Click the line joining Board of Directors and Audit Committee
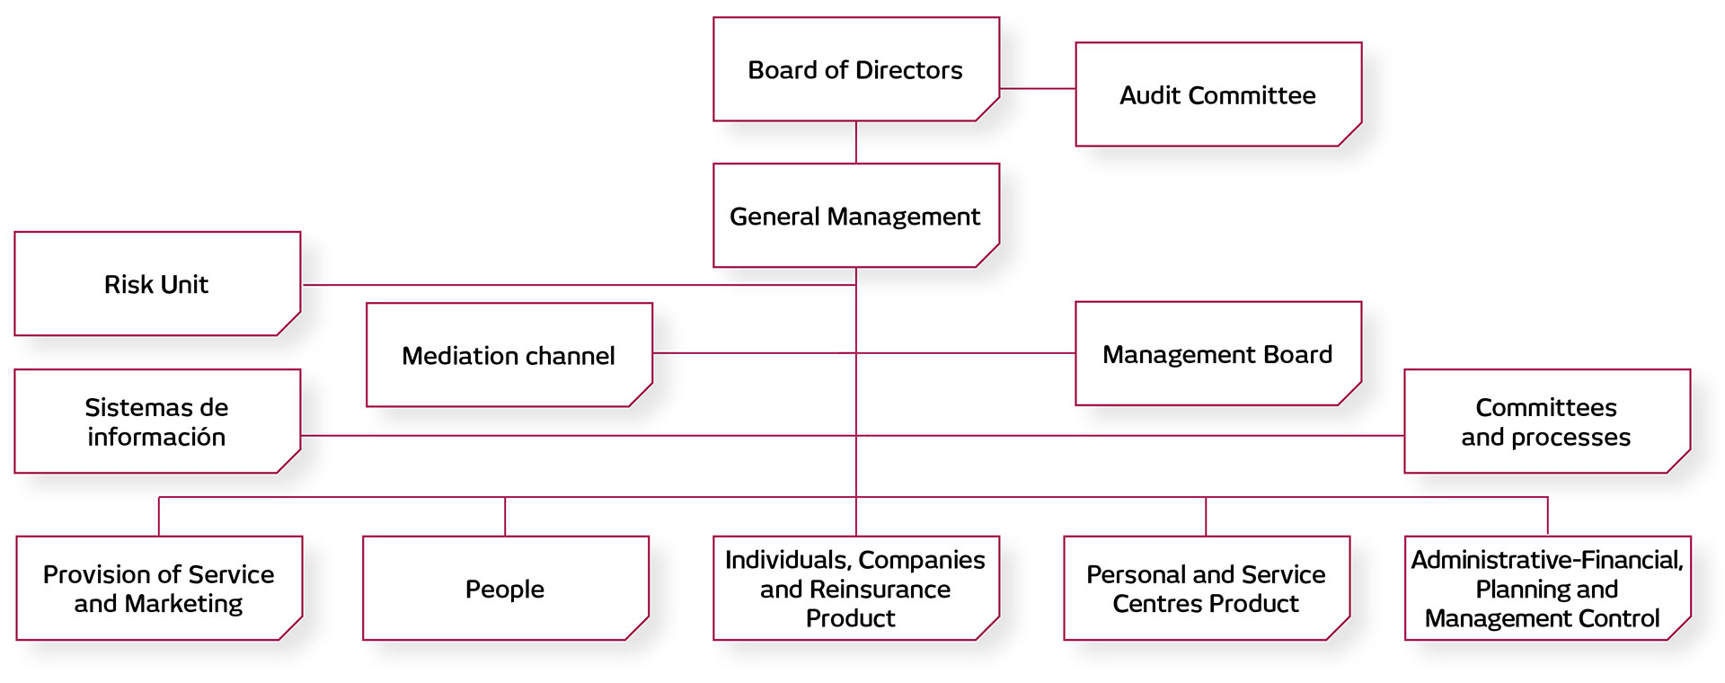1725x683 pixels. (1038, 88)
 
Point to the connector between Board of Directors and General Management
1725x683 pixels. (855, 142)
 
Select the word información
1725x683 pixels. (156, 438)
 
